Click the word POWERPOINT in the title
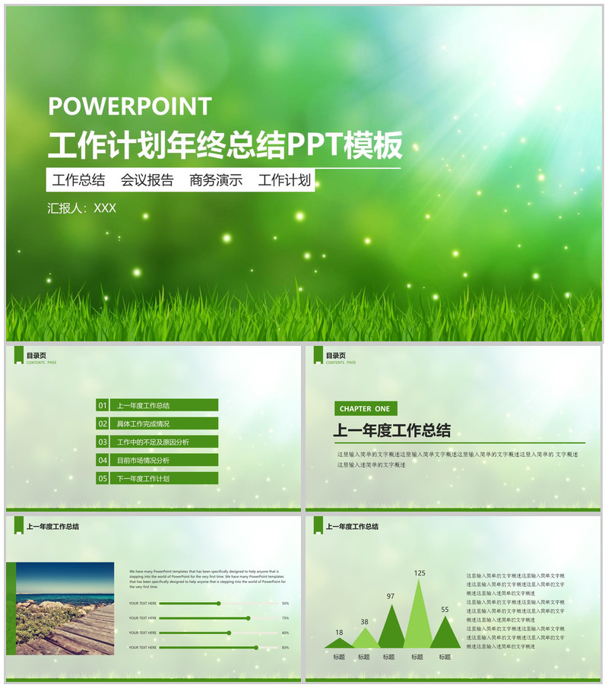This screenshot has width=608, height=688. (x=130, y=106)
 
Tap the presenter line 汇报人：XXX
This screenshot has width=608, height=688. (x=82, y=208)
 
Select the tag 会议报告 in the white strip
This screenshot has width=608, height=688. (x=147, y=180)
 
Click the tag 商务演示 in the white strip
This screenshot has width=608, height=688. (x=216, y=180)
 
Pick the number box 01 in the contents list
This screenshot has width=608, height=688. (x=103, y=406)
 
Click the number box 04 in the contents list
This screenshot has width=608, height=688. (x=103, y=461)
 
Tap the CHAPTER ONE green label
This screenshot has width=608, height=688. (x=365, y=409)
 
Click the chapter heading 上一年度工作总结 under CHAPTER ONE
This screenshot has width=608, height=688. (x=392, y=430)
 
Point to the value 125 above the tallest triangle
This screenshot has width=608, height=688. (x=420, y=572)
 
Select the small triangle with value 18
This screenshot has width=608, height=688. (x=339, y=643)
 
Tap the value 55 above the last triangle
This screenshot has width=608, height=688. (x=445, y=609)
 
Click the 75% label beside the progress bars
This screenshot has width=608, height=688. (x=285, y=618)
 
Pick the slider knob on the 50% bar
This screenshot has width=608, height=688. (x=219, y=604)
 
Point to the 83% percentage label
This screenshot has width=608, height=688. (x=285, y=648)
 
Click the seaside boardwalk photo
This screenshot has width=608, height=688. (x=65, y=609)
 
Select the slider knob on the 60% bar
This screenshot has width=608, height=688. (x=229, y=633)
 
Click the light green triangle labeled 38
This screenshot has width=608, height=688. (x=366, y=639)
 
